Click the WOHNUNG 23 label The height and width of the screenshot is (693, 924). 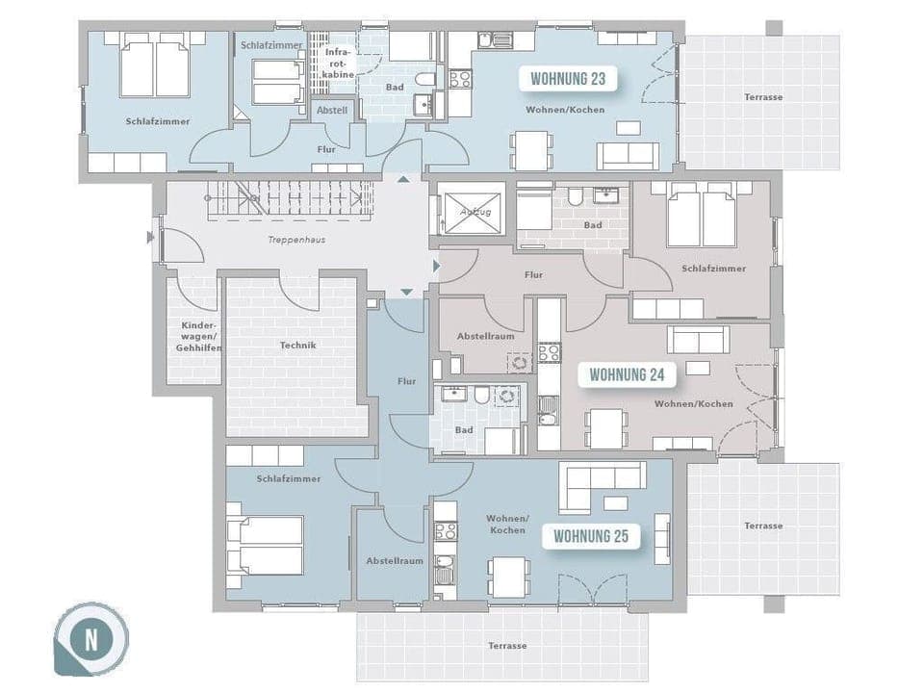click(568, 79)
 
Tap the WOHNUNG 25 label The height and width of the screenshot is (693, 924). click(591, 536)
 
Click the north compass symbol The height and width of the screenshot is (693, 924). click(91, 639)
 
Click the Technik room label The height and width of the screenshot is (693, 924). click(297, 345)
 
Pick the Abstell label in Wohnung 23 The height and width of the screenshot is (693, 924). click(332, 111)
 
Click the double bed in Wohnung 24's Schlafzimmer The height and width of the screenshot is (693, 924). click(701, 218)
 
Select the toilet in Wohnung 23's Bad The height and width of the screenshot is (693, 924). click(423, 79)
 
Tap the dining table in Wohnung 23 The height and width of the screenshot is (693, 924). click(531, 150)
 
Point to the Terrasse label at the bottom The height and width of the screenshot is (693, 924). click(506, 646)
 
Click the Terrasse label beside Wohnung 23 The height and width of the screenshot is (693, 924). click(762, 97)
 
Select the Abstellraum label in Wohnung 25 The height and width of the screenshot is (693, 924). click(395, 561)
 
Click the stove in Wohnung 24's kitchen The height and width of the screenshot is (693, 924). click(548, 352)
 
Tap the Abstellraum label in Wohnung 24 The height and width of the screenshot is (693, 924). click(486, 337)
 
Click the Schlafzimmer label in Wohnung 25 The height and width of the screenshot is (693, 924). click(289, 478)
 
